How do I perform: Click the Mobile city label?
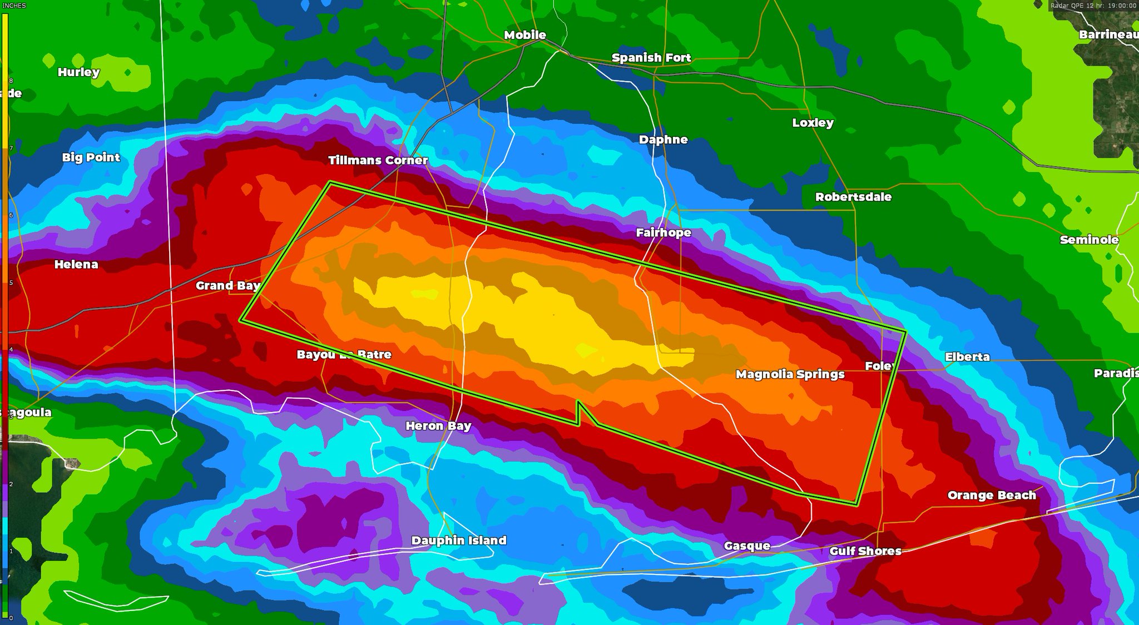(x=525, y=35)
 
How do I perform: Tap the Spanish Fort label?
(x=651, y=58)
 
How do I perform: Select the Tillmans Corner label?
(x=378, y=160)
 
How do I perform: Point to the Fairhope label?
(x=663, y=232)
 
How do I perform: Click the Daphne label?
(x=663, y=140)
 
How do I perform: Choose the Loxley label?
(x=813, y=123)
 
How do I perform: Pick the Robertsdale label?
(x=853, y=197)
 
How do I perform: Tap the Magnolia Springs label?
(x=790, y=374)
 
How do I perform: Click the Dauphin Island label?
(x=459, y=540)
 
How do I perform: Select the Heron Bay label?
(x=438, y=426)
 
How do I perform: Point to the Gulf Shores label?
(x=865, y=551)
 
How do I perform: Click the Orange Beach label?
(x=992, y=495)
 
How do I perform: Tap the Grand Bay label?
(x=228, y=286)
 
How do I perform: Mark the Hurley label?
(x=78, y=72)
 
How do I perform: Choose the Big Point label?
(x=91, y=157)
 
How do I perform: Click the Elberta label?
(x=967, y=357)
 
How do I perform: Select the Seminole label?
(x=1089, y=240)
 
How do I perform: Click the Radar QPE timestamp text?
(x=1093, y=6)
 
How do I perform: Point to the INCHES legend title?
(x=14, y=6)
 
